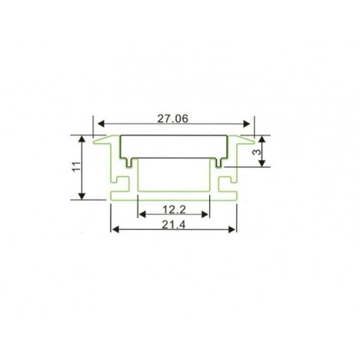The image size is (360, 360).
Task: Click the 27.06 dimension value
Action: point(172,118)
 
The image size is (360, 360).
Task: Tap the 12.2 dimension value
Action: point(174,210)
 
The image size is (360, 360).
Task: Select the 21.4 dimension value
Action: point(173,225)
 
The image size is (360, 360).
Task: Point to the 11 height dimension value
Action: point(77,167)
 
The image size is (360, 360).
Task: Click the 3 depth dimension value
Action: point(257,152)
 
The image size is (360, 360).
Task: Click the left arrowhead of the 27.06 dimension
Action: point(101,124)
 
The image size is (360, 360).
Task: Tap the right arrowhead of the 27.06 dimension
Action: point(246,124)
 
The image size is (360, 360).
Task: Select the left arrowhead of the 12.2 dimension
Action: point(142,215)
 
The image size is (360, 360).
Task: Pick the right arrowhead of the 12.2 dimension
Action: point(205,215)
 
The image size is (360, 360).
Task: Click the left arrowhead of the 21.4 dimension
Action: point(115,229)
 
